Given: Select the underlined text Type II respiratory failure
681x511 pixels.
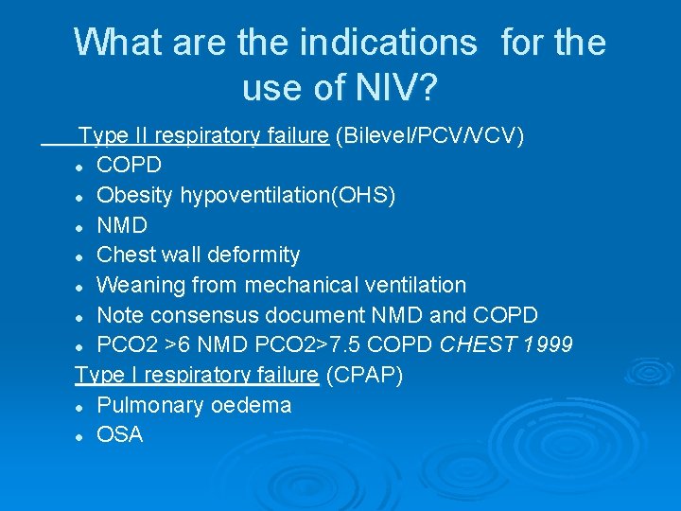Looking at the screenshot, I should tap(203, 135).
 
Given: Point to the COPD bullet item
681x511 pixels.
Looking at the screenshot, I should tap(130, 165).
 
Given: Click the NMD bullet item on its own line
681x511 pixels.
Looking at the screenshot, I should tap(122, 225).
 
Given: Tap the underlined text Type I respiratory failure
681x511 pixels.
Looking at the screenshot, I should tap(197, 375).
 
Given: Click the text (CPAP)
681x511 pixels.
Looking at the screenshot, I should tap(364, 375).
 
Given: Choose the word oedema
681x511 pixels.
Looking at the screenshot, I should tap(253, 405).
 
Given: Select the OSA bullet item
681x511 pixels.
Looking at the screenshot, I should tap(120, 435).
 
